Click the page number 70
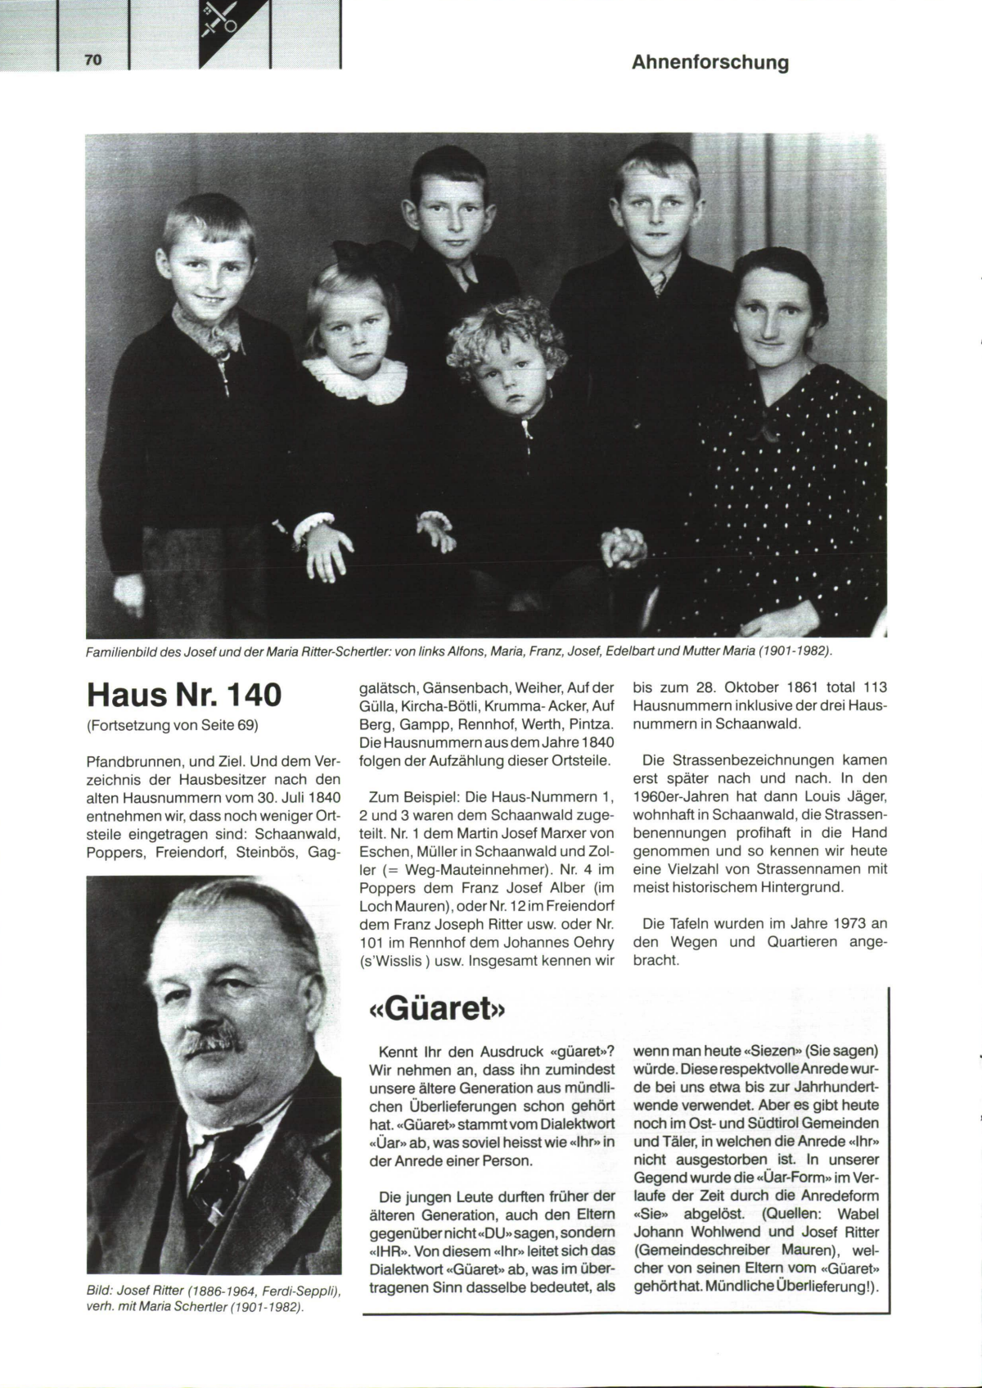point(92,60)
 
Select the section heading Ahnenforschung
point(709,62)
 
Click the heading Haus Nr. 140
point(184,695)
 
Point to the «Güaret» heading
point(434,1007)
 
